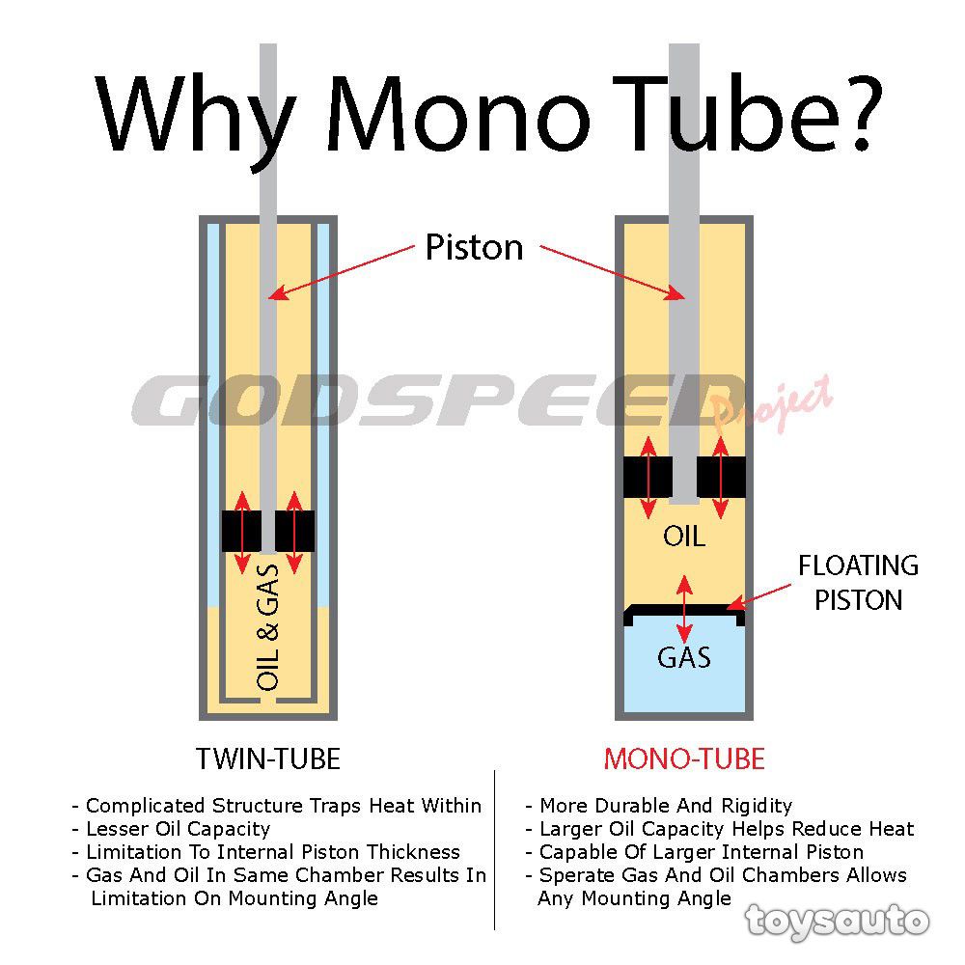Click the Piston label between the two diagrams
point(474,248)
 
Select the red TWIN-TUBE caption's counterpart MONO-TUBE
point(684,759)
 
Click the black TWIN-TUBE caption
point(268,759)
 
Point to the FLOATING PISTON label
point(858,582)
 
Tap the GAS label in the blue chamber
point(684,658)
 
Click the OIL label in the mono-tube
point(684,537)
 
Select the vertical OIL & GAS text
point(268,627)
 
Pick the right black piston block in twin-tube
point(294,530)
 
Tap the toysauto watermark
point(837,920)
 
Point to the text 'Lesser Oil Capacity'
point(178,829)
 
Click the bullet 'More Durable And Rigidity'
point(665,805)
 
